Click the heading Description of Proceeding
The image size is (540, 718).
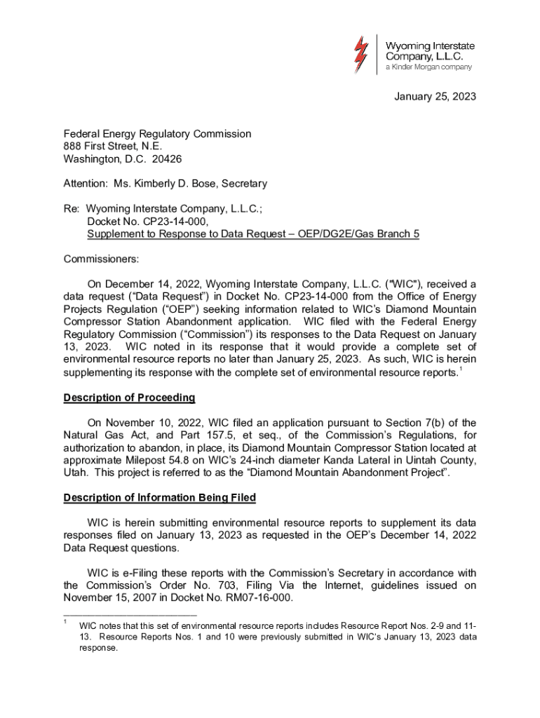(129, 398)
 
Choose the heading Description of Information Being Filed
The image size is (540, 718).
(160, 498)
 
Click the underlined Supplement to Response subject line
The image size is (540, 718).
(253, 234)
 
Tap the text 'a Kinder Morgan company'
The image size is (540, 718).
(428, 67)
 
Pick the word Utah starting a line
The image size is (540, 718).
(75, 473)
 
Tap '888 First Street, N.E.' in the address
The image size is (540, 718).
(113, 147)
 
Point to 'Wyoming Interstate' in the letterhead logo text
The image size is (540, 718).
(431, 44)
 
